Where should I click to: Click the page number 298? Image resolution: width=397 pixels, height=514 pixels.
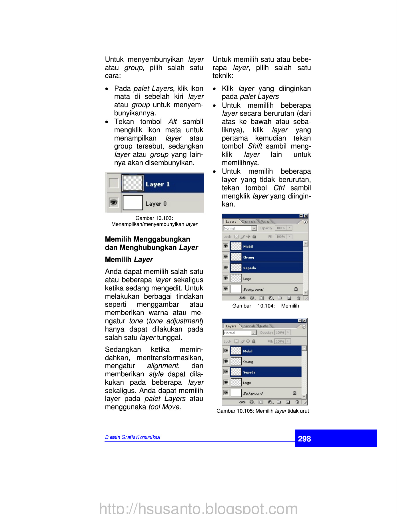pos(304,439)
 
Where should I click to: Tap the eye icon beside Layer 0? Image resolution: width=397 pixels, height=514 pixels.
pos(114,202)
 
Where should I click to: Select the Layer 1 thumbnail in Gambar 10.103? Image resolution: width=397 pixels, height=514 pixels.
pos(133,183)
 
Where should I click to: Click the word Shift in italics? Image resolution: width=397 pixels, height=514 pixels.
pos(255,146)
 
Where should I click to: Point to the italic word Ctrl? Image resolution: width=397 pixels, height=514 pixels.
pos(279,188)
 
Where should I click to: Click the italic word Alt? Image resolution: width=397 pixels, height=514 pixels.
pos(173,122)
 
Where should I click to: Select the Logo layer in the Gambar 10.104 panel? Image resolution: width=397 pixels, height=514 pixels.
pos(247,279)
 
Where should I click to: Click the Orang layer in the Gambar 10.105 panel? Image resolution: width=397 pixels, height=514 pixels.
pos(248,362)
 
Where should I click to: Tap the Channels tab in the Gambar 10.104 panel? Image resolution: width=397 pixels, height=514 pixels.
pos(248,221)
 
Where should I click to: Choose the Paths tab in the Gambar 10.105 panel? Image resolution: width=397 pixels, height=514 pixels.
pos(264,326)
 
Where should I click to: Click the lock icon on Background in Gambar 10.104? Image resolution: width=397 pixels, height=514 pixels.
pos(296,289)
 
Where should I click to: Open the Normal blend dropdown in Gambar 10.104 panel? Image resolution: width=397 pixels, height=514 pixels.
pos(254,228)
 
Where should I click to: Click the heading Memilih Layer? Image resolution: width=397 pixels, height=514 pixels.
pos(129,259)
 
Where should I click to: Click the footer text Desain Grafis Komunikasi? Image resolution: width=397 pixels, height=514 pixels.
pos(133,437)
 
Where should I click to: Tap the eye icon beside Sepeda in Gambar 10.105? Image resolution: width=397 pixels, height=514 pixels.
pos(226,372)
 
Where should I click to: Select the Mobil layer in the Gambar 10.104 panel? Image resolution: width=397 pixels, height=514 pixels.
pos(248,246)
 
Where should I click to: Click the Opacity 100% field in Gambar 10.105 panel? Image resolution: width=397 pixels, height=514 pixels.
pos(280,333)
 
